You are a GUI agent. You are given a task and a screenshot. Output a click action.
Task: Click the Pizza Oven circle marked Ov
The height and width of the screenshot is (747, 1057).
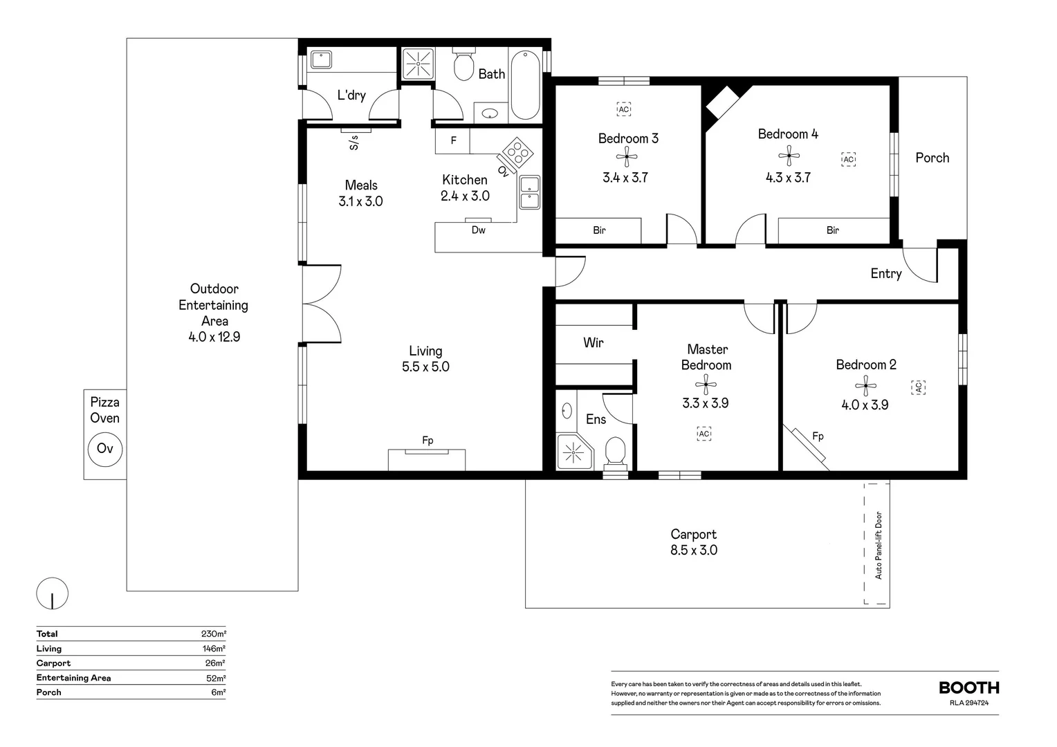pyautogui.click(x=105, y=449)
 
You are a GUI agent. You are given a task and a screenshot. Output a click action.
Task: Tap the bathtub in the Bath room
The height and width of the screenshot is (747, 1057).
pyautogui.click(x=525, y=85)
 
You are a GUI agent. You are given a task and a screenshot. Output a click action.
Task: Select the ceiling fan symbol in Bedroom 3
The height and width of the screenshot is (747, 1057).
pyautogui.click(x=627, y=156)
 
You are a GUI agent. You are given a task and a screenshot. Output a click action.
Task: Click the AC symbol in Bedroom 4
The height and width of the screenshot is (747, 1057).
pyautogui.click(x=848, y=159)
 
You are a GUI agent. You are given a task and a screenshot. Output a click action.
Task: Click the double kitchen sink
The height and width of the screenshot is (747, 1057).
pyautogui.click(x=530, y=192)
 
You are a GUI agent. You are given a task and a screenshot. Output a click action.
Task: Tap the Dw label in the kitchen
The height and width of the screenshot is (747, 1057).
pyautogui.click(x=478, y=230)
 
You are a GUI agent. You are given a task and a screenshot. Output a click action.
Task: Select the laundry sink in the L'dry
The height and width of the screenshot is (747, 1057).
pyautogui.click(x=320, y=59)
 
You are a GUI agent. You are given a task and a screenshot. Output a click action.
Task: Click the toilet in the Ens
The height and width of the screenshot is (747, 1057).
pyautogui.click(x=614, y=452)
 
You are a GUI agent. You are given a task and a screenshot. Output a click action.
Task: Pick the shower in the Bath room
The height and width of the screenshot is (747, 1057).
pyautogui.click(x=418, y=64)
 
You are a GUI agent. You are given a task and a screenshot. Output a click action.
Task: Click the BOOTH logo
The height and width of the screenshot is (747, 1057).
pyautogui.click(x=968, y=688)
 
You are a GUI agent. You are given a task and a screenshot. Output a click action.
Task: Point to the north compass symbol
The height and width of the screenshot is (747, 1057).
pyautogui.click(x=53, y=593)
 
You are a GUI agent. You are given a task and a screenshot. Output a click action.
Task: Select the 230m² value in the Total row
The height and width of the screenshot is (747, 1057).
pyautogui.click(x=213, y=634)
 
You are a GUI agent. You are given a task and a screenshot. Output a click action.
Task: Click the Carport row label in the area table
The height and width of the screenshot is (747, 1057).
pyautogui.click(x=54, y=663)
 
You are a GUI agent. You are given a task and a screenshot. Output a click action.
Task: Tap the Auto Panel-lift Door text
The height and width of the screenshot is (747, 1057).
pyautogui.click(x=879, y=545)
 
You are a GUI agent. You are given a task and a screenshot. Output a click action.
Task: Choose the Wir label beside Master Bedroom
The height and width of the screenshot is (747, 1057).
pyautogui.click(x=593, y=342)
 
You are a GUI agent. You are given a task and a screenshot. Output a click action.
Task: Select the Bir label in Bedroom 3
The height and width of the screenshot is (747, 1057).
pyautogui.click(x=599, y=230)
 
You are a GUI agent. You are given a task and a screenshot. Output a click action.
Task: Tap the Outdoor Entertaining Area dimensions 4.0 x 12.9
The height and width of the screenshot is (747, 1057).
pyautogui.click(x=214, y=338)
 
